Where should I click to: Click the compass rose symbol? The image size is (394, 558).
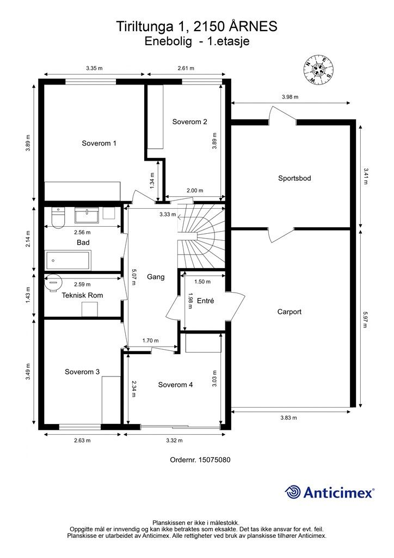point(318,69)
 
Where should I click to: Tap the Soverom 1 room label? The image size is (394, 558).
point(98,143)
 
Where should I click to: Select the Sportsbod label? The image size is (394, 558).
point(294,178)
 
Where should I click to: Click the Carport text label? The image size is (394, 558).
point(289,312)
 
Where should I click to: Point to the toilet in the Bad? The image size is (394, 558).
point(58,217)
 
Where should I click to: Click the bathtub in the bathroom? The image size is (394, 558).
point(68,260)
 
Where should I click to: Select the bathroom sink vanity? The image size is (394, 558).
point(87,215)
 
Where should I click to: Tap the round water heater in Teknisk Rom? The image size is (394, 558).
point(53,283)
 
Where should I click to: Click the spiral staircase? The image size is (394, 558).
point(201,237)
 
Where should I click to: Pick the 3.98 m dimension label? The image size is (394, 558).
point(290,97)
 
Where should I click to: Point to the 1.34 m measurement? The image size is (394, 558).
point(152,181)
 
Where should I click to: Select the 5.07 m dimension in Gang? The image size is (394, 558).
point(133,276)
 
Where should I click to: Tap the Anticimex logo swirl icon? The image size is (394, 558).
point(292,492)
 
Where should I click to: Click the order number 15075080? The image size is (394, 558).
point(213,460)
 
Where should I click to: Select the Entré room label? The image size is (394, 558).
point(205,301)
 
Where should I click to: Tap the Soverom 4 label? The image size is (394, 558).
point(176,385)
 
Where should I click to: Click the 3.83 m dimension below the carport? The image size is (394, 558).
point(288,418)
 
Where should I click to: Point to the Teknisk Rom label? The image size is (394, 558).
point(82,295)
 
